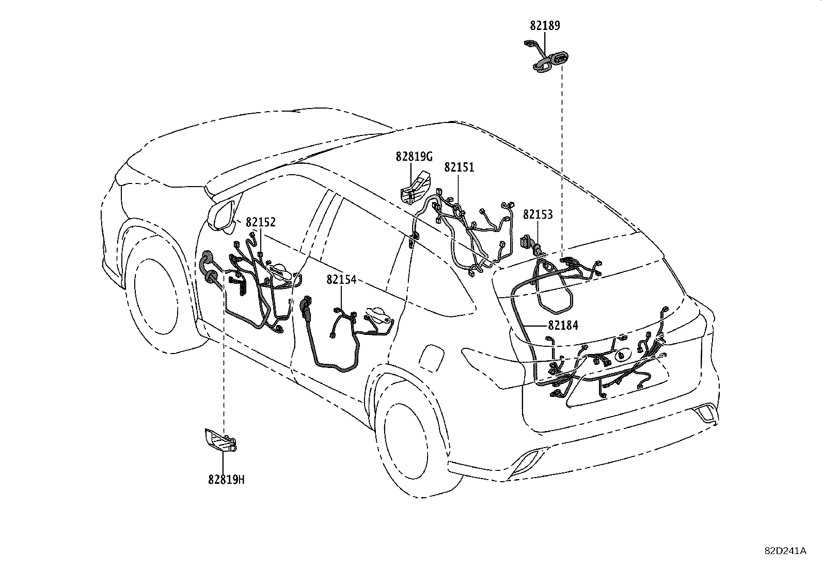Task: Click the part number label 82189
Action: (545, 25)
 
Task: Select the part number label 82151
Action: (459, 167)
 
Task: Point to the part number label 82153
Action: (538, 214)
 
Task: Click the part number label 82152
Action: (261, 222)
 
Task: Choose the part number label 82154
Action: (341, 280)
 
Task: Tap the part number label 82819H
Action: (226, 480)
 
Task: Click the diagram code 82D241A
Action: (785, 551)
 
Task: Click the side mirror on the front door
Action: (224, 213)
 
